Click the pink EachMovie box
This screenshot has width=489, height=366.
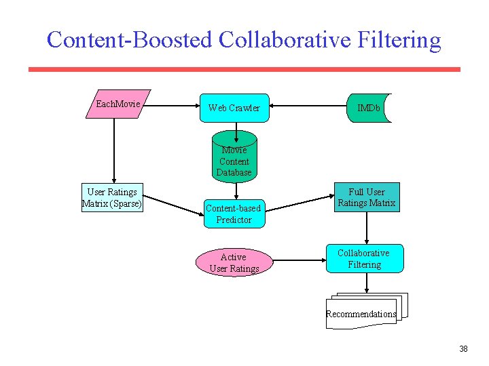[118, 104]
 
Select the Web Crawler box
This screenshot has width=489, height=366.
[234, 108]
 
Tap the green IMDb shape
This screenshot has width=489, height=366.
[369, 108]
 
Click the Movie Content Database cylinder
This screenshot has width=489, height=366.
[234, 161]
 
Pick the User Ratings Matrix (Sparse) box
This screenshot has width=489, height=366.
[113, 198]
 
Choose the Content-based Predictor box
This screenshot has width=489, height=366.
[234, 213]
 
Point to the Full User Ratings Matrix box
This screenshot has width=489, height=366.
[366, 197]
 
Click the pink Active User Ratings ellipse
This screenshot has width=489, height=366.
[234, 263]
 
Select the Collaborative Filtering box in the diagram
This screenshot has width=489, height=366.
[365, 258]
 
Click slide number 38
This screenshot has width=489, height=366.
[463, 349]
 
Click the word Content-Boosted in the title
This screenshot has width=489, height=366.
[130, 40]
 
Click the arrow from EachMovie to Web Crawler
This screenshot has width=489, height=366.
[173, 106]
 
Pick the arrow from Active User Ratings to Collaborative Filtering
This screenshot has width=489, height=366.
[299, 259]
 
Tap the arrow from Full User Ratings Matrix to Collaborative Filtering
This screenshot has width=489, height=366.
[367, 228]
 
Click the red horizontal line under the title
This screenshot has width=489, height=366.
[244, 69]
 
